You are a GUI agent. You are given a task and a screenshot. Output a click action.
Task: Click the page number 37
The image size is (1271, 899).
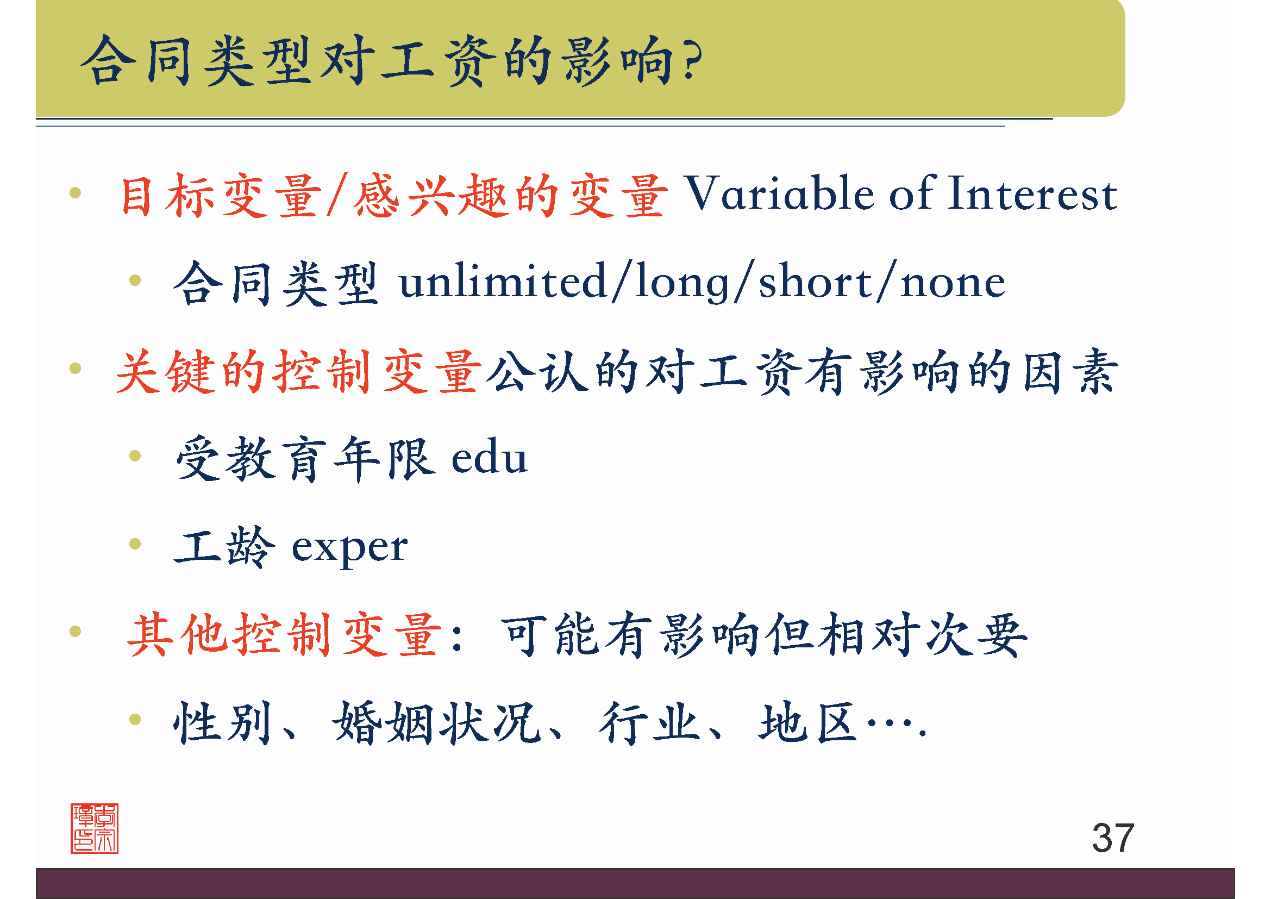[x=1113, y=838]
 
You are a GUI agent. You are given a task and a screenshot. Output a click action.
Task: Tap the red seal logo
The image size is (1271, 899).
[x=94, y=828]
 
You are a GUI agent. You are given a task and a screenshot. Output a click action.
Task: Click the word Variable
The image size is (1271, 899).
[x=780, y=193]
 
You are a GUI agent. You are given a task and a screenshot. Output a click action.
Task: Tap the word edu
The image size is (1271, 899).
[x=490, y=458]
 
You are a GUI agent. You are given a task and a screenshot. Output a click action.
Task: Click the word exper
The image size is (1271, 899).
[x=349, y=547]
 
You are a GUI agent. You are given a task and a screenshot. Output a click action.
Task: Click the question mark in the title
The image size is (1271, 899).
[x=692, y=60]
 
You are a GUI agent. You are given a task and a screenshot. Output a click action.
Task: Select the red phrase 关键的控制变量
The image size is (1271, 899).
[x=299, y=371]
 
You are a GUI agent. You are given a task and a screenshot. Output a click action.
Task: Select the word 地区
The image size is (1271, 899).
[x=808, y=722]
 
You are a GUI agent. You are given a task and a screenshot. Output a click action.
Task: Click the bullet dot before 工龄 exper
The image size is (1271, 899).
[x=135, y=544]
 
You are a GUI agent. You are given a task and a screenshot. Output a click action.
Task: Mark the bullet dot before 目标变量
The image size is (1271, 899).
[x=76, y=192]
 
